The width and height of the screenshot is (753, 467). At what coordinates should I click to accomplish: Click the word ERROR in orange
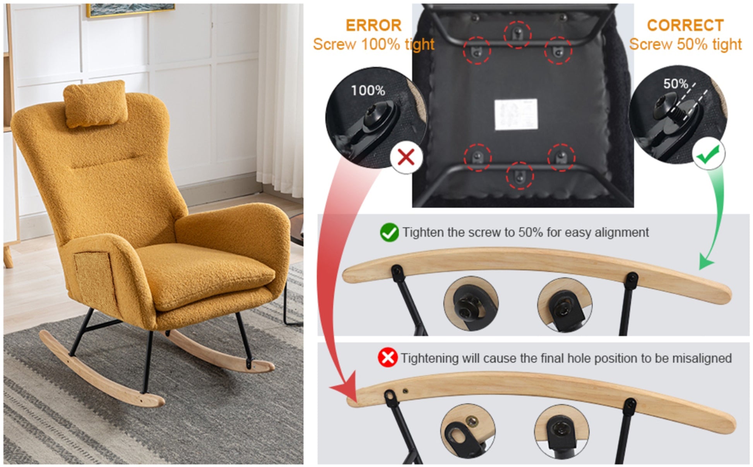pyautogui.click(x=373, y=26)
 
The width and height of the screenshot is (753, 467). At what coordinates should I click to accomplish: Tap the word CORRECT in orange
pyautogui.click(x=685, y=26)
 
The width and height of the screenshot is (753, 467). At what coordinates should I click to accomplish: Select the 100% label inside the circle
pyautogui.click(x=368, y=91)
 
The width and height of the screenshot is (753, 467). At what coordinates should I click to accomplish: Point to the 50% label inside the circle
pyautogui.click(x=675, y=84)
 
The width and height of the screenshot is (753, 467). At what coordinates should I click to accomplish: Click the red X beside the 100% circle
pyautogui.click(x=406, y=157)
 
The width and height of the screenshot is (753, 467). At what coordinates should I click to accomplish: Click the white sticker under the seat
pyautogui.click(x=516, y=114)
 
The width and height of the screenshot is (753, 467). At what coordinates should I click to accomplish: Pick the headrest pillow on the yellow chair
pyautogui.click(x=96, y=104)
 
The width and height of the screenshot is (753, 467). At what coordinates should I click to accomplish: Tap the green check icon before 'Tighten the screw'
pyautogui.click(x=389, y=233)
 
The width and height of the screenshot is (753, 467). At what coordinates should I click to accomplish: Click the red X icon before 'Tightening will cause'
pyautogui.click(x=387, y=358)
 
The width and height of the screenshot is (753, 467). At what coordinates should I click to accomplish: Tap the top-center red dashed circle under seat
pyautogui.click(x=517, y=34)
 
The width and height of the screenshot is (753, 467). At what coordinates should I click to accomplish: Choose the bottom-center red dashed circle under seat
pyautogui.click(x=520, y=176)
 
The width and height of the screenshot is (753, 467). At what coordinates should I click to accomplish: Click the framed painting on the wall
pyautogui.click(x=130, y=10)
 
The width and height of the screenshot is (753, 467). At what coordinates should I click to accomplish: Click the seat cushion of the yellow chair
pyautogui.click(x=205, y=271)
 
